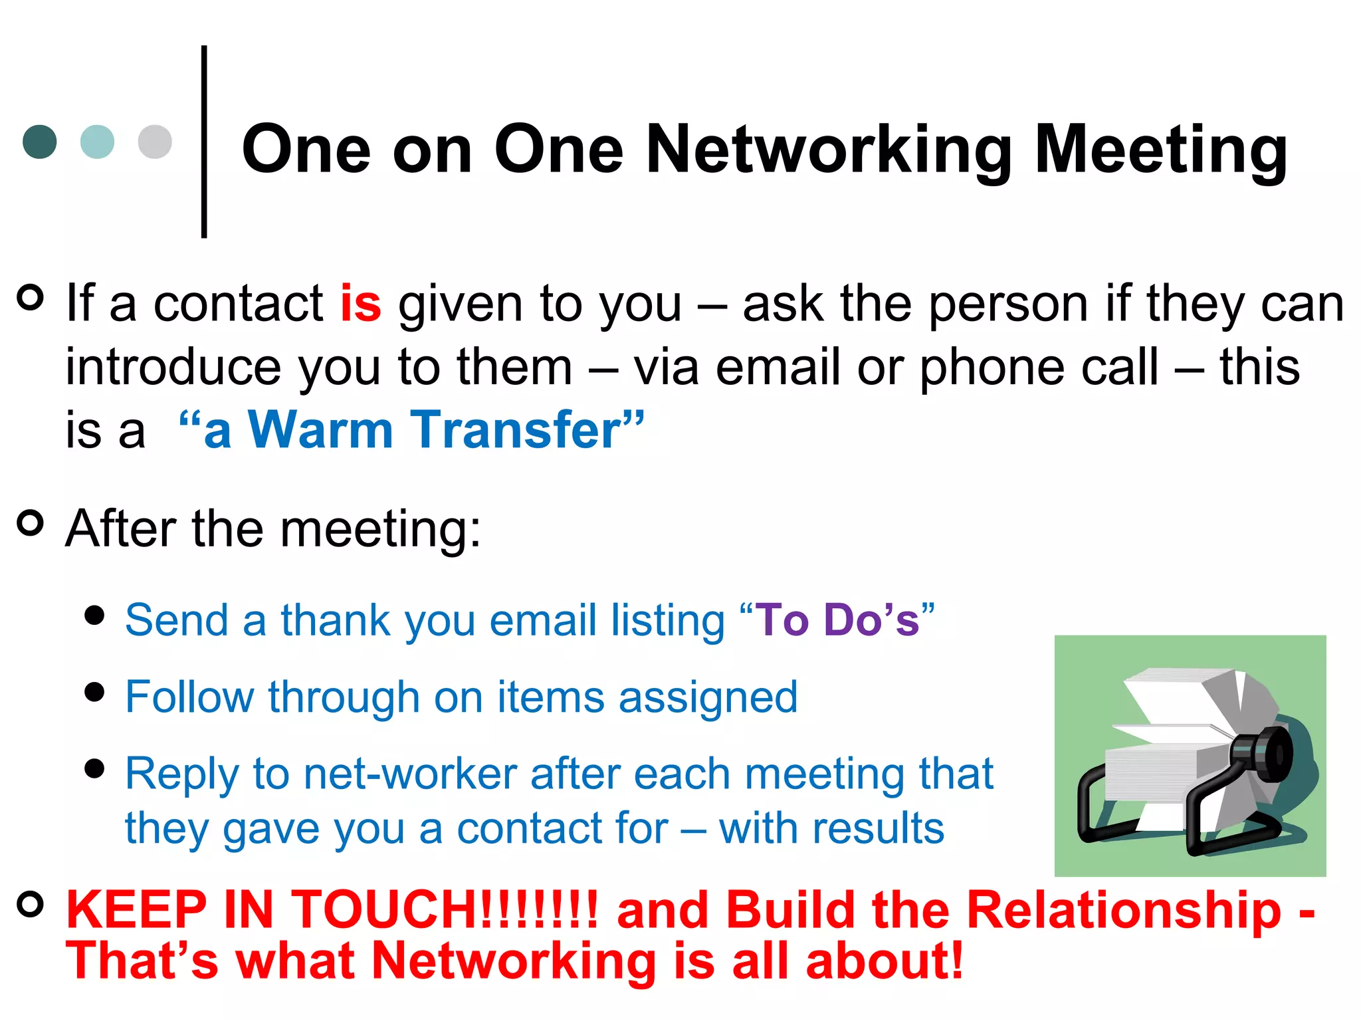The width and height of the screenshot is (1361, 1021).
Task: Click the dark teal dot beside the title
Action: click(40, 142)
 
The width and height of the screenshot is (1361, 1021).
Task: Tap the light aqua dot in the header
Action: click(97, 142)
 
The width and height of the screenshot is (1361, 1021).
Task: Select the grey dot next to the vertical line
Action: click(155, 142)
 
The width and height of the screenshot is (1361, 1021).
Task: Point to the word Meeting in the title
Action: click(1160, 152)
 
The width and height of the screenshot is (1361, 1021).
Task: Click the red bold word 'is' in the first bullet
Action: click(360, 304)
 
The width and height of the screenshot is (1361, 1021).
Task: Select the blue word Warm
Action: click(320, 430)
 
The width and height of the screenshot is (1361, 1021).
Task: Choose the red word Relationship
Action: click(1123, 909)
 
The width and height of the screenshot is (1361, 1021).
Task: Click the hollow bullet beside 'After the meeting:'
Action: click(30, 523)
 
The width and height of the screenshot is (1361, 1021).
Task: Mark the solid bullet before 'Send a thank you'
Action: click(95, 616)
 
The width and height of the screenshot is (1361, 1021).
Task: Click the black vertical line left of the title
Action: click(204, 142)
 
